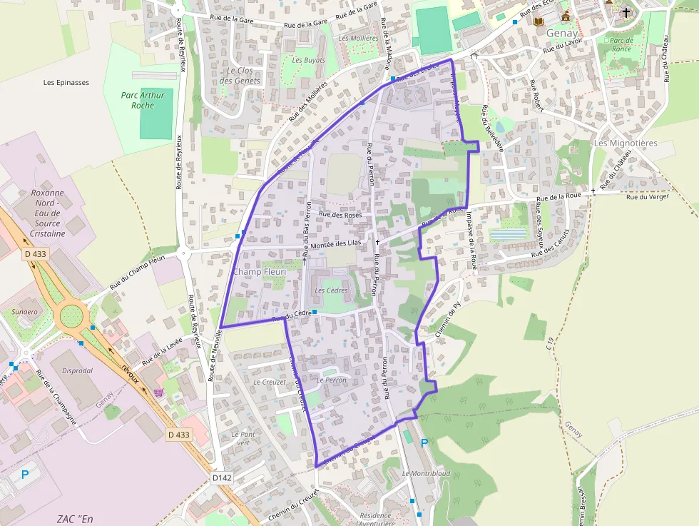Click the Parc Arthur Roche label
pos(143,100)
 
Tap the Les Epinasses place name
pos(66,82)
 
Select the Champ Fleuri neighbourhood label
pos(260,272)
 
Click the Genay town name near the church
pos(562,33)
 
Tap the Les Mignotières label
pos(626,143)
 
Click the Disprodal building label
pos(77,370)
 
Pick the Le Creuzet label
pos(270,382)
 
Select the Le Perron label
pos(331,380)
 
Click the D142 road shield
pos(223,477)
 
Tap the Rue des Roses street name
pos(340,214)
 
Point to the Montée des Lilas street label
pos(332,243)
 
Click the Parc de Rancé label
pos(621,44)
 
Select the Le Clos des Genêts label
pos(240,76)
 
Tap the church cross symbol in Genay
pos(626,12)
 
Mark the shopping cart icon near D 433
pos(158,392)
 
